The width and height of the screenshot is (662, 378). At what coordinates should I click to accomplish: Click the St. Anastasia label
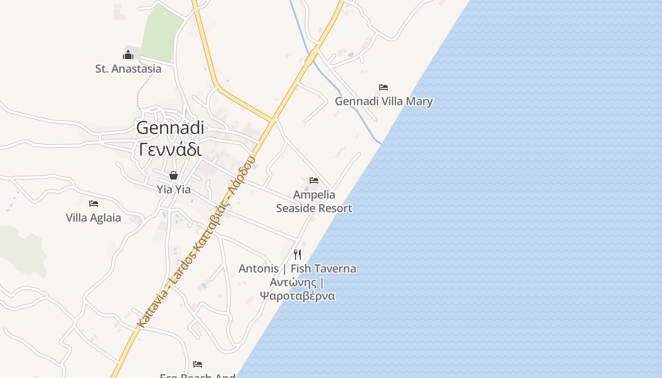point(128,69)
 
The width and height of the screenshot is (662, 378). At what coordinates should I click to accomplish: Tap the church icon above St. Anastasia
point(128,55)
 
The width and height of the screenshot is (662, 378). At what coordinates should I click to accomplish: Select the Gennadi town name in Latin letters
point(170,128)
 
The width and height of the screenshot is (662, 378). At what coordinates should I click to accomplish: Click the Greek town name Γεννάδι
point(170,149)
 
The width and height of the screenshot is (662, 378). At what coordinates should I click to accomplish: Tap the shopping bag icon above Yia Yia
point(174,175)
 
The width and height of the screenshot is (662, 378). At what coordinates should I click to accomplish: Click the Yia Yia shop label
point(174,189)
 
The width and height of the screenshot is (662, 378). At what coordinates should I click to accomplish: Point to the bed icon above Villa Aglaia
point(94,204)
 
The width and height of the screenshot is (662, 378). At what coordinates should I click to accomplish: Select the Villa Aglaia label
point(93,218)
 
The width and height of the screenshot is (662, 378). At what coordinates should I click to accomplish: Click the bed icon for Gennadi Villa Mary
point(383,87)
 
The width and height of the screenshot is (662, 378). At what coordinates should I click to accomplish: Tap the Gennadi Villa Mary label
point(383,101)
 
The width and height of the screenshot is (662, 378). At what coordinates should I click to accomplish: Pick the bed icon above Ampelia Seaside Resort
point(314,180)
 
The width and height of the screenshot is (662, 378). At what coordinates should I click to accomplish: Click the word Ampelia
point(314,195)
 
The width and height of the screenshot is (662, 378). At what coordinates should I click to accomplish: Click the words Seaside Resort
point(314,208)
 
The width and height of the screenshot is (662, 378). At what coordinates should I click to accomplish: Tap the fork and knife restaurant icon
point(297,255)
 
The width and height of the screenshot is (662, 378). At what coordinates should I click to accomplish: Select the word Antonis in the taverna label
point(258,269)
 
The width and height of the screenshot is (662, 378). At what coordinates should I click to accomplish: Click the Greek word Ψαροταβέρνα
point(297,296)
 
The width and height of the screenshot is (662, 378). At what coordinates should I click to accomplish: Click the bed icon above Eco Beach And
point(198,364)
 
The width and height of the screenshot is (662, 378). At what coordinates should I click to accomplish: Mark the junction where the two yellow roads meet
point(273,120)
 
